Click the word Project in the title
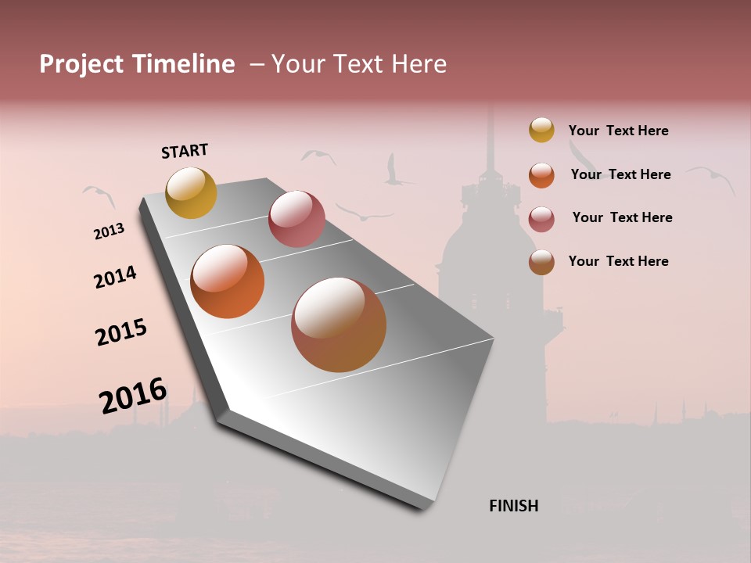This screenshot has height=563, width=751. coord(81,64)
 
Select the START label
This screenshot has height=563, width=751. coord(185,151)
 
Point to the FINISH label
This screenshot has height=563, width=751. coord(514,506)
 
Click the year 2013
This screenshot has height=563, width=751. coord(109,231)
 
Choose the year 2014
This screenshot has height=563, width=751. coord(115,277)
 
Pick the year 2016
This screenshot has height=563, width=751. coord(133,396)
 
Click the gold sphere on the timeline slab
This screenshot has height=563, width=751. coord(191,192)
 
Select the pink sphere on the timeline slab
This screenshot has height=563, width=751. coord(296,219)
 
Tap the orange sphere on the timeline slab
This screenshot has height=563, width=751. coord(228,281)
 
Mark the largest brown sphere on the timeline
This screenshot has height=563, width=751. coord(339,325)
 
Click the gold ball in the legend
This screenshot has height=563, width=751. coord(541,130)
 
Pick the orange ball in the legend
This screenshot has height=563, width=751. coord(541,175)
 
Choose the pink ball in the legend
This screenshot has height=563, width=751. coord(541,218)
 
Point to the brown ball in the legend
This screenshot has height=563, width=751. coord(541,262)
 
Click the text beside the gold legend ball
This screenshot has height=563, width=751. coord(618,131)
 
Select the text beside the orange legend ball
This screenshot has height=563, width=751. coord(620,174)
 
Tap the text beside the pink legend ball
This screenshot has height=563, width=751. coord(622,217)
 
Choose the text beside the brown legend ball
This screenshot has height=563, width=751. coord(618,261)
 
